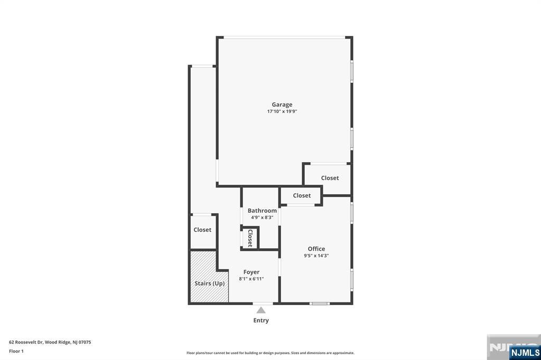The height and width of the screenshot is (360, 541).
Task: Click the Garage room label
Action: (x=282, y=105)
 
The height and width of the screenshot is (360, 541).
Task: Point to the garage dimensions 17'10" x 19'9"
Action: (x=282, y=112)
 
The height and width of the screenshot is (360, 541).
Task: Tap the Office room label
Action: (x=316, y=249)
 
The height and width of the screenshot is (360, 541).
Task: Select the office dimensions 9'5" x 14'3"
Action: (x=316, y=256)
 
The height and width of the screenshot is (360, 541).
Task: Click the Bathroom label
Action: (x=262, y=211)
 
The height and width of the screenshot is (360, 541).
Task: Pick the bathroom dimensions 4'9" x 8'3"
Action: (x=262, y=217)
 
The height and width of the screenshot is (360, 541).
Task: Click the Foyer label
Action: (x=251, y=272)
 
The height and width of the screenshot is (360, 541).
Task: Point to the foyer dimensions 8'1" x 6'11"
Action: (x=251, y=279)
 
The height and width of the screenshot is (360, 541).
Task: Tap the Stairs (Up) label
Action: (x=210, y=283)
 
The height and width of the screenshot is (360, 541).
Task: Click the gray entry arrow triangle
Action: (x=261, y=310)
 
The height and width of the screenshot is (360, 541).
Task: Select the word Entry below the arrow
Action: (x=261, y=320)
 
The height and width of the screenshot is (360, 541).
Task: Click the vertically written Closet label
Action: (x=250, y=238)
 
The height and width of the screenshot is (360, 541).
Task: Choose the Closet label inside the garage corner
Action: (x=330, y=178)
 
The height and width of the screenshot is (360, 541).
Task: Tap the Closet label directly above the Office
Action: (x=302, y=195)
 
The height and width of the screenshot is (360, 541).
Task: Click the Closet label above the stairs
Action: (x=202, y=230)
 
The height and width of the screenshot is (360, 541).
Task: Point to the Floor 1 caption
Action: (x=16, y=351)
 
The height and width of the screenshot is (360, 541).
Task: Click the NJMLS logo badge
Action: (x=525, y=353)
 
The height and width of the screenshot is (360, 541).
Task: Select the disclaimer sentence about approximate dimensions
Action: (x=270, y=353)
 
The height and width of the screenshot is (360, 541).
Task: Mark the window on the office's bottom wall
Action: (x=320, y=304)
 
